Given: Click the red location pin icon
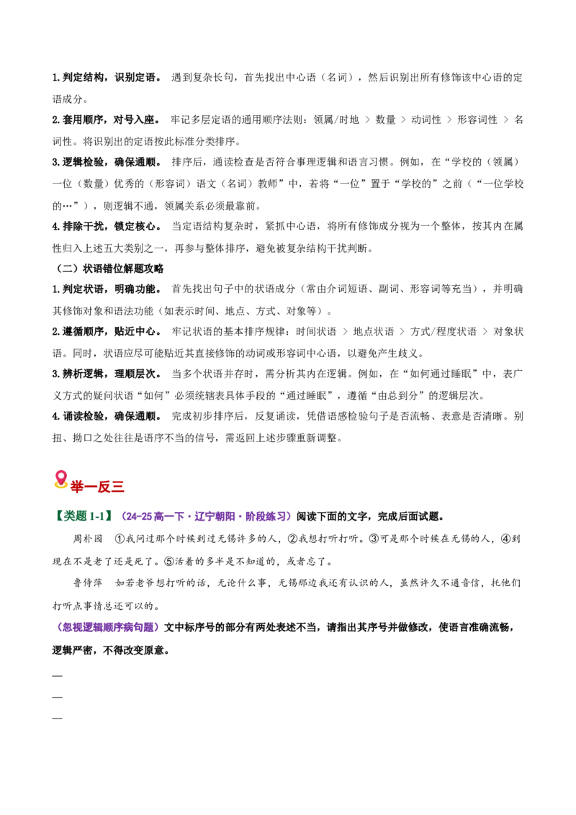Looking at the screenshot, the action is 60,479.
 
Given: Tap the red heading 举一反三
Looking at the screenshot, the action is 97,487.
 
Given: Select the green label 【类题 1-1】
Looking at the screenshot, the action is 84,516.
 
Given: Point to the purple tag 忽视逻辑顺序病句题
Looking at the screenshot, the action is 108,627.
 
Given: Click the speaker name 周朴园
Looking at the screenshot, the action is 88,539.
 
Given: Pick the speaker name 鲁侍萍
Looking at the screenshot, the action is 88,582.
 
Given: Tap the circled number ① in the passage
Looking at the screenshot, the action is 119,539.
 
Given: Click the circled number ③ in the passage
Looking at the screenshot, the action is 374,539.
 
